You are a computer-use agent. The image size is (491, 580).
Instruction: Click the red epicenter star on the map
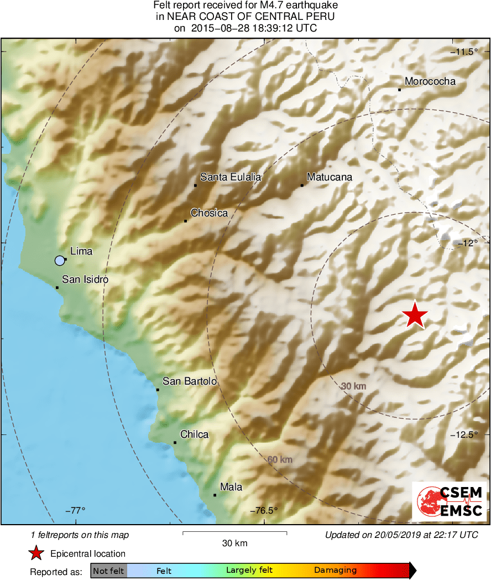(415, 315)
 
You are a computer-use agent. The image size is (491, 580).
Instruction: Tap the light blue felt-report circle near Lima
(60, 260)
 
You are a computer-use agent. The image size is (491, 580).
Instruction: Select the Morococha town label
(430, 81)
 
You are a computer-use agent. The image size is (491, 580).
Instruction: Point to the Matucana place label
(329, 177)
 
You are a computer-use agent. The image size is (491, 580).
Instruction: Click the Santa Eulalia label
(231, 177)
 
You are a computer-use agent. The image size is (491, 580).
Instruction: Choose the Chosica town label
(209, 213)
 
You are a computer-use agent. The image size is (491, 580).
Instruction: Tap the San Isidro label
(85, 279)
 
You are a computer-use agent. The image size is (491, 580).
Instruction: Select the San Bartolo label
(189, 381)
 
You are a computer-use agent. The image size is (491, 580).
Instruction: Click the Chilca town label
(194, 434)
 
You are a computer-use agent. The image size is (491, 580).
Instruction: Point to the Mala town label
(231, 487)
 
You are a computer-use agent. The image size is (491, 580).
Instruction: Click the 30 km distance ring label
(354, 386)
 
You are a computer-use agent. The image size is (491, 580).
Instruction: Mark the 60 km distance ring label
(280, 459)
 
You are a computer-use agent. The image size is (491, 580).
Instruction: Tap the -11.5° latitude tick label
(466, 52)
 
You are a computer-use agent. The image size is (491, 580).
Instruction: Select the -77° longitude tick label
(75, 510)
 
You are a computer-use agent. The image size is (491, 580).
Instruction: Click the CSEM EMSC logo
(449, 501)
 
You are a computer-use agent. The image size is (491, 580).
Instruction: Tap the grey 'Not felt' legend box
(108, 571)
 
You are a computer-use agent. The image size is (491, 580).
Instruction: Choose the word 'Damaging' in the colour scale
(335, 570)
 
